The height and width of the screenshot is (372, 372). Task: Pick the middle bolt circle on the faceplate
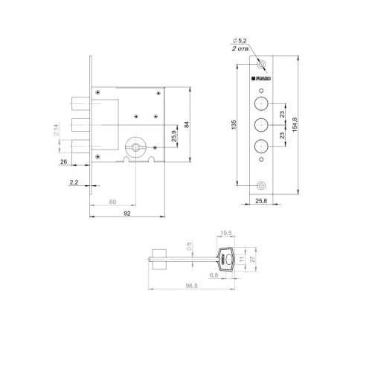pos(262,124)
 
